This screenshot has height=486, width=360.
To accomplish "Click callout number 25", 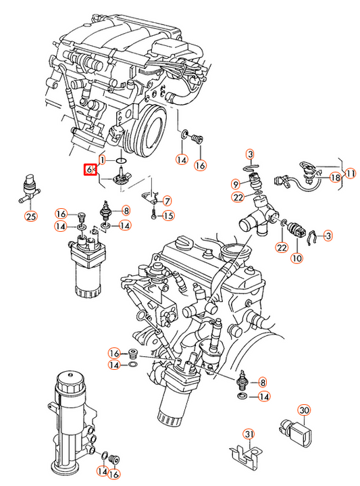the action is coord(31,216).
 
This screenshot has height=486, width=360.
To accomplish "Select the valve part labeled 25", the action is coord(30,190).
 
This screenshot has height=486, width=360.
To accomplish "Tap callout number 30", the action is coord(304,410).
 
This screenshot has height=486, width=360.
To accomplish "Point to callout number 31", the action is coord(249,434).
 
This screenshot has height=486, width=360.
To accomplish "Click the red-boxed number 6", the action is coord(89,170).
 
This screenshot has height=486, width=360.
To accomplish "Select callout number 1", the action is coord(103,160).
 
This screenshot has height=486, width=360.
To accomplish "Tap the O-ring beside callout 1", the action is coord(121,161).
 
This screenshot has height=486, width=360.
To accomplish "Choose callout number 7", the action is coord(168,201).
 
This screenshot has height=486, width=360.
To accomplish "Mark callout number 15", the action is coord(169,216).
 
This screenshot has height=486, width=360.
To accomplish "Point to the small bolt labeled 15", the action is coord(154,214).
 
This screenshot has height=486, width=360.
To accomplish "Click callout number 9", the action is coord(236,185).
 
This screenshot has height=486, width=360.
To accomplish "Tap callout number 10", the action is coord(297,258).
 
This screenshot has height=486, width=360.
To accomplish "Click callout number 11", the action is coord(350,174).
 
